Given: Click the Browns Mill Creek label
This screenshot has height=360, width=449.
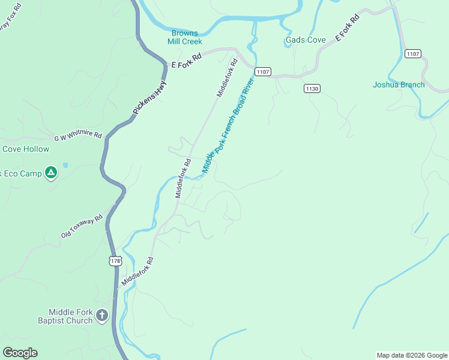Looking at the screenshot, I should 187,37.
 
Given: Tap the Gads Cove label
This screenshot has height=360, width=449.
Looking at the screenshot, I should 306,40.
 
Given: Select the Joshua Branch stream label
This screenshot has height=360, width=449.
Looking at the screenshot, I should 399,85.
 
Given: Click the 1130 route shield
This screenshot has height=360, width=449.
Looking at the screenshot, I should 312,88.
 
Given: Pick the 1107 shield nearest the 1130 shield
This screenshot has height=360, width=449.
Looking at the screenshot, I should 262,72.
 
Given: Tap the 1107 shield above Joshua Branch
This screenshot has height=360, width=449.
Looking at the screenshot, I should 412,54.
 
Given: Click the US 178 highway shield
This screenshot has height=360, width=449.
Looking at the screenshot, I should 115,260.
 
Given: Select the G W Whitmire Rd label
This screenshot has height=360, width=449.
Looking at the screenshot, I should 78,136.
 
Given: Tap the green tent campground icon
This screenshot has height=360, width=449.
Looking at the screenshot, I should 52,173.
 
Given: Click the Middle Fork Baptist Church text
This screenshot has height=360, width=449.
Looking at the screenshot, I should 71,316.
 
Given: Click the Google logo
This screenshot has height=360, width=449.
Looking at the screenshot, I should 20,353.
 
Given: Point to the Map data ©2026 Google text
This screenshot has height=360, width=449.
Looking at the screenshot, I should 412,355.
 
